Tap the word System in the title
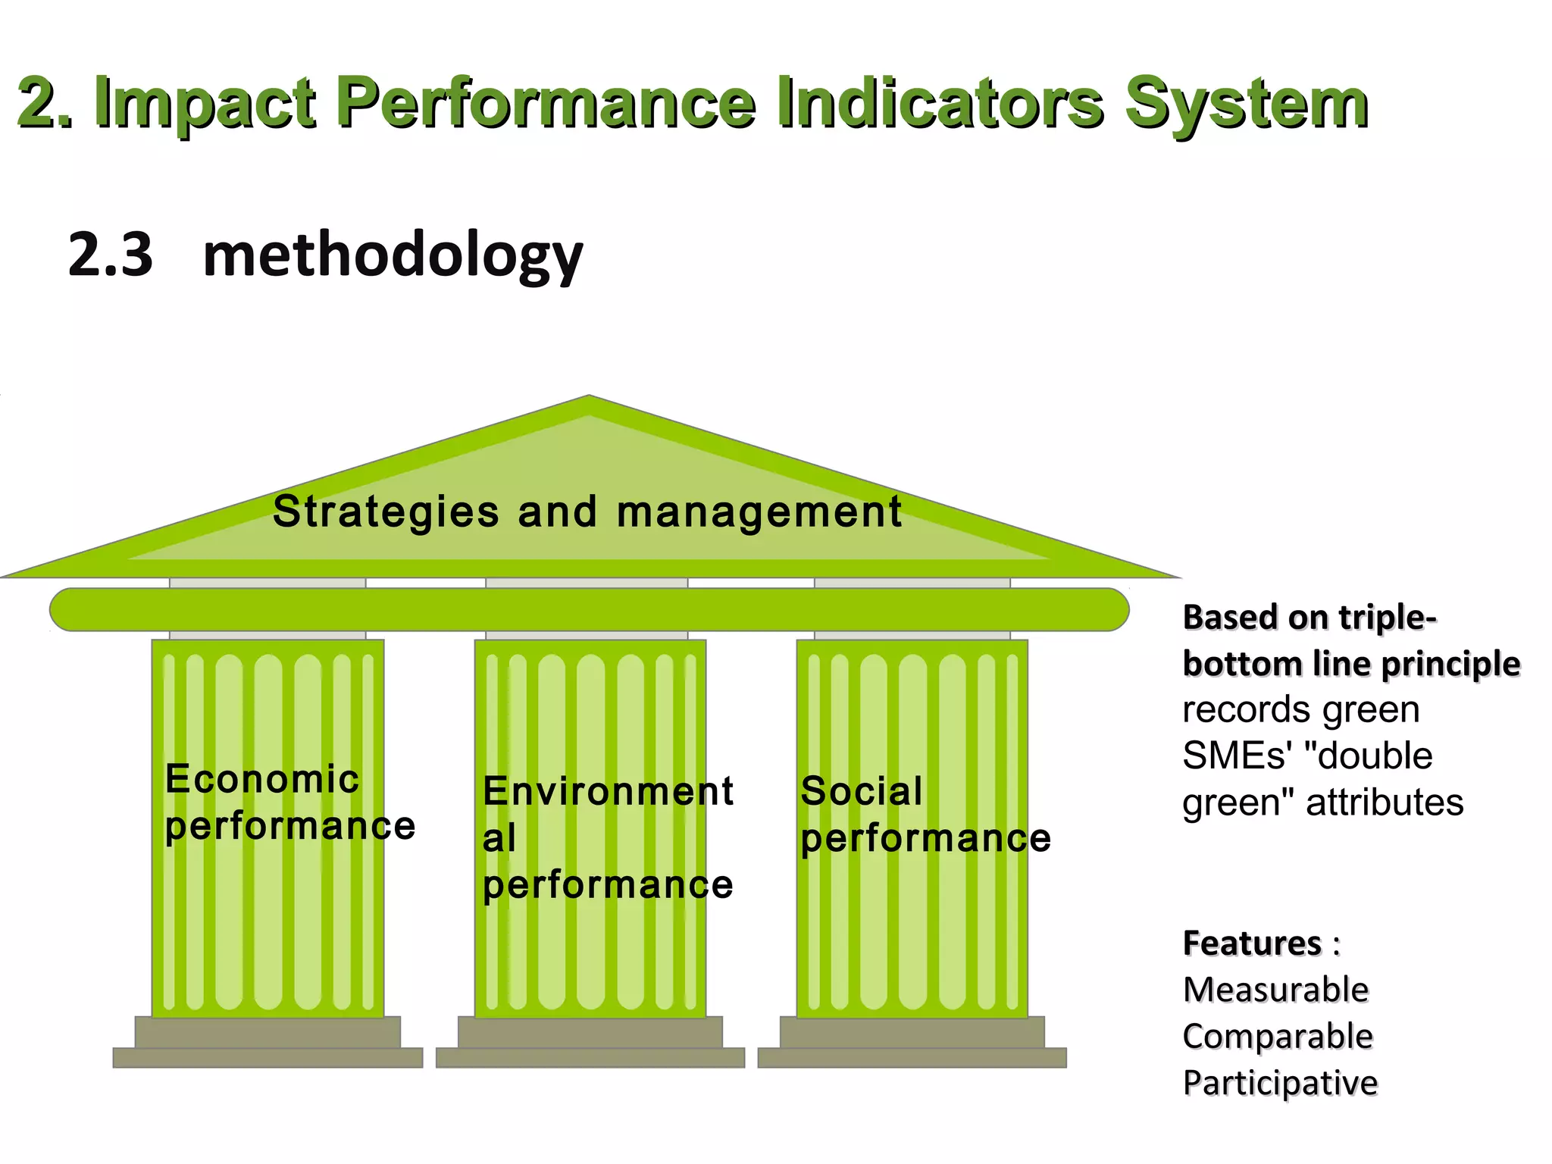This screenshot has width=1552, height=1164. (x=1247, y=104)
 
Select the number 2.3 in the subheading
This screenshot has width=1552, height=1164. (x=111, y=255)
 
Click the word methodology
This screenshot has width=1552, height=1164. (x=393, y=256)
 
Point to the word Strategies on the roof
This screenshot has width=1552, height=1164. (x=386, y=512)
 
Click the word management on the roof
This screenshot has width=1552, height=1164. (x=759, y=512)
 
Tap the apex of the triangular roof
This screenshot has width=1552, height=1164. (x=589, y=400)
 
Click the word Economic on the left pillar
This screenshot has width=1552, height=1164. (x=262, y=779)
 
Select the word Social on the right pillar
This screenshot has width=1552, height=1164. (x=862, y=792)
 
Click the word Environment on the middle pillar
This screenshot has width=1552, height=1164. (x=608, y=792)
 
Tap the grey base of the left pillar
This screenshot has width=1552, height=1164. (x=268, y=1043)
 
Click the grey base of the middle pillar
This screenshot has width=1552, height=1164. (x=590, y=1043)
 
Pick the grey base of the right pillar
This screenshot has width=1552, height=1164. (x=912, y=1043)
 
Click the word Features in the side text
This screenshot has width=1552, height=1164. (x=1252, y=943)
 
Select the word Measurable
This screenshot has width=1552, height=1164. (x=1275, y=990)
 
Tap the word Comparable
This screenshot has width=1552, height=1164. (x=1278, y=1036)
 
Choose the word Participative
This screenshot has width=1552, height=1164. (x=1280, y=1083)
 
